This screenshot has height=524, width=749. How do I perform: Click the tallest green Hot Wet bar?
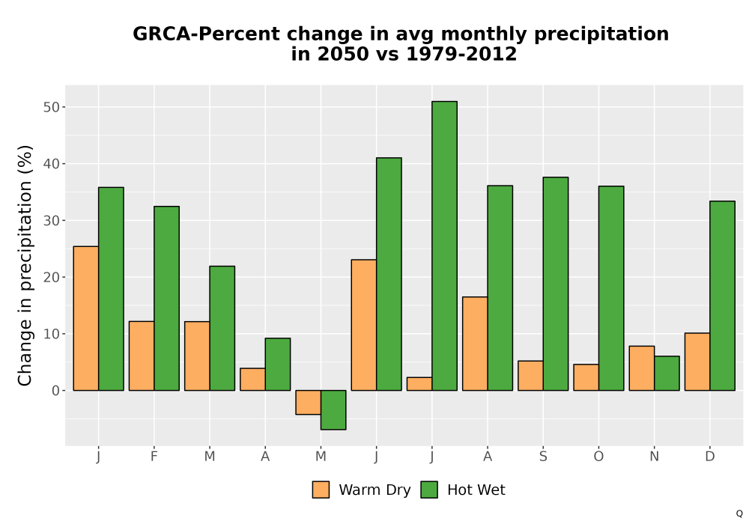(444, 246)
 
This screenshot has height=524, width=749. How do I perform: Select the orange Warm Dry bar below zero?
(308, 402)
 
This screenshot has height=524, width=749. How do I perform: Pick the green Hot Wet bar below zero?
(333, 410)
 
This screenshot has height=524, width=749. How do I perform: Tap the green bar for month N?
(667, 374)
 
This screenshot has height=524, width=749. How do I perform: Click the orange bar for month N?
(642, 368)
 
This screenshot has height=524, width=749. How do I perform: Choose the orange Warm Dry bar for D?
(697, 362)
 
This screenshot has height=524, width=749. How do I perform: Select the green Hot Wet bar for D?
(722, 296)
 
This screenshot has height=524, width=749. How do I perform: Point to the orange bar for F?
(142, 356)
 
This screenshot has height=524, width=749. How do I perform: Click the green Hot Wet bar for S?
(556, 284)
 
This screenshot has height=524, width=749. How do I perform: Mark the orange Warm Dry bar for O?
(586, 377)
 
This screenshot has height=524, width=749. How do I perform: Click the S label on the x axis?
(543, 457)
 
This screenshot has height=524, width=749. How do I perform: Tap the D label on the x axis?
(710, 457)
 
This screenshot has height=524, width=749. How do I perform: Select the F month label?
(154, 457)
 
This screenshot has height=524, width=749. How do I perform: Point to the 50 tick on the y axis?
(52, 107)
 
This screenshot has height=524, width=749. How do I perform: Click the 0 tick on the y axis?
(56, 390)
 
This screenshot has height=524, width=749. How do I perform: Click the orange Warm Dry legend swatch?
(321, 490)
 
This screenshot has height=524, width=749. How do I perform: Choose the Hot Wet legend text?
(476, 490)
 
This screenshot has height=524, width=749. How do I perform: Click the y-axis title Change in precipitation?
(25, 265)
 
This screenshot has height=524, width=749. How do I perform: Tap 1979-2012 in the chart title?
(461, 54)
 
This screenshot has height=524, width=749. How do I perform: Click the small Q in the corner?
(739, 514)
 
